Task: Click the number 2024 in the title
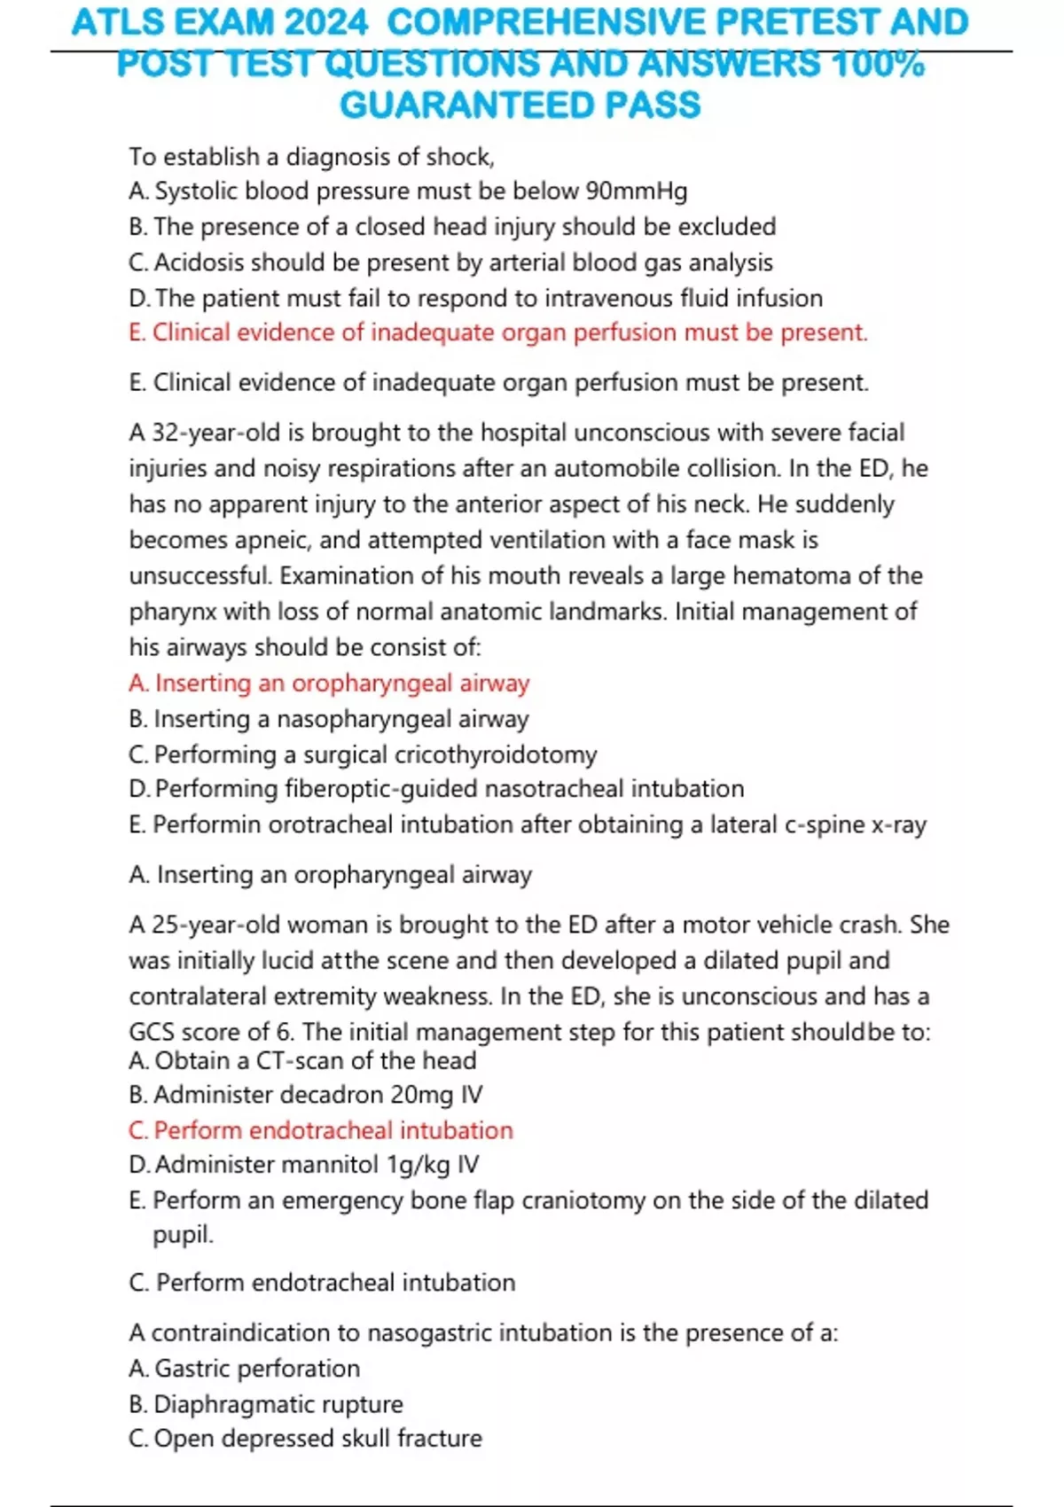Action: click(x=325, y=23)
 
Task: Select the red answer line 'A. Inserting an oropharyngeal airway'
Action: click(x=329, y=683)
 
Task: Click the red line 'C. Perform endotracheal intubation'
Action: click(x=321, y=1130)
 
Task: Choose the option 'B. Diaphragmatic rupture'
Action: click(x=266, y=1404)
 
